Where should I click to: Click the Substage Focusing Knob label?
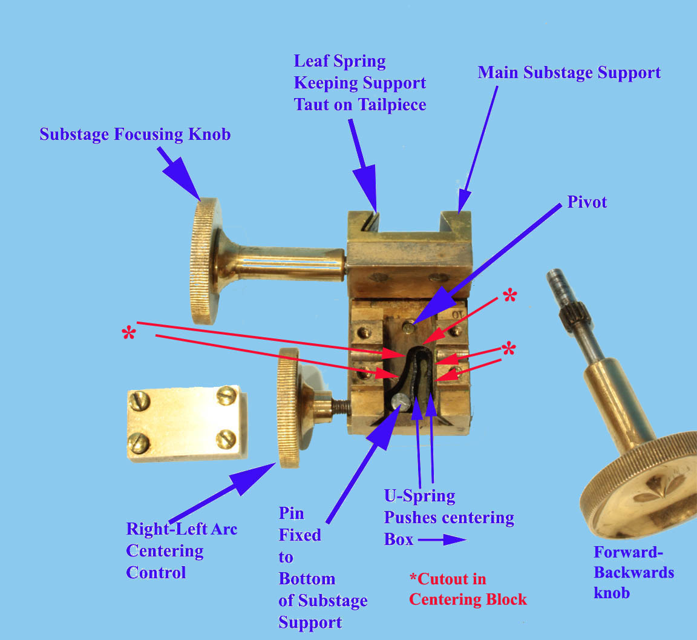click(135, 134)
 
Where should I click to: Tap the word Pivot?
click(586, 202)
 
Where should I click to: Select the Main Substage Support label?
click(569, 73)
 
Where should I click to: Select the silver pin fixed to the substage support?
click(399, 400)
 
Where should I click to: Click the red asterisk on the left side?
click(128, 334)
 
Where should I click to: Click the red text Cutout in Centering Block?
click(467, 589)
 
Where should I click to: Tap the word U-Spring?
click(420, 496)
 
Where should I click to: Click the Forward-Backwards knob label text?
click(633, 572)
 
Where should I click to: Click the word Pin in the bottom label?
click(291, 513)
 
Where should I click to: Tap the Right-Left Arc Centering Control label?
click(181, 550)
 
